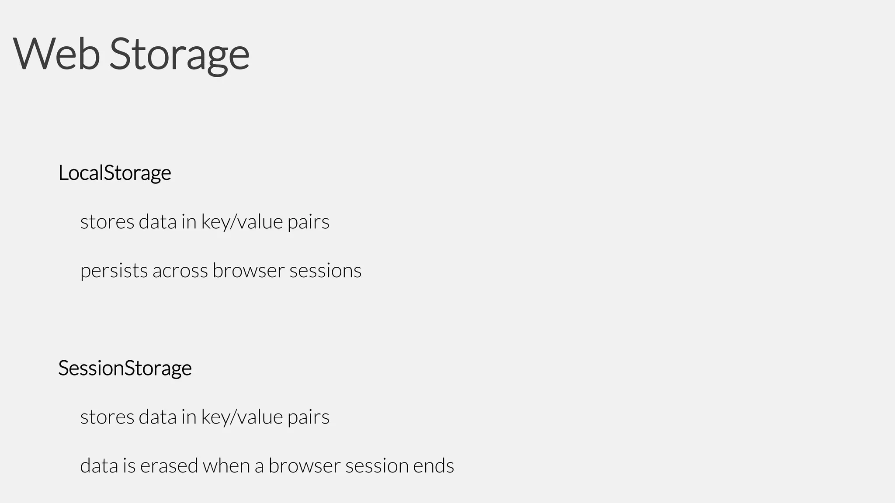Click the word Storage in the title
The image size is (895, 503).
(179, 55)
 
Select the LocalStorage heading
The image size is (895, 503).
(114, 173)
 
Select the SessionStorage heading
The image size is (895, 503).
(125, 368)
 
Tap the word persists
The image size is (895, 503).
(114, 271)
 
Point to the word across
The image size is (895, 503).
(180, 271)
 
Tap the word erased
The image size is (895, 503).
(169, 465)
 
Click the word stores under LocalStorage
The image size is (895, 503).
(107, 222)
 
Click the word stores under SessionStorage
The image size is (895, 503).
(107, 417)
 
